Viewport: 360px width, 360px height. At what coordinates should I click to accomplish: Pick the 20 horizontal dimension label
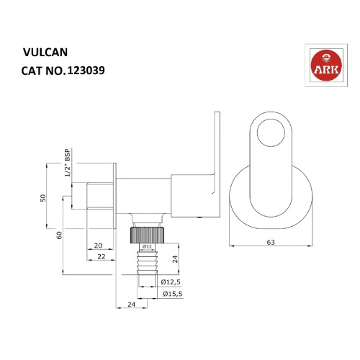tap(97, 246)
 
